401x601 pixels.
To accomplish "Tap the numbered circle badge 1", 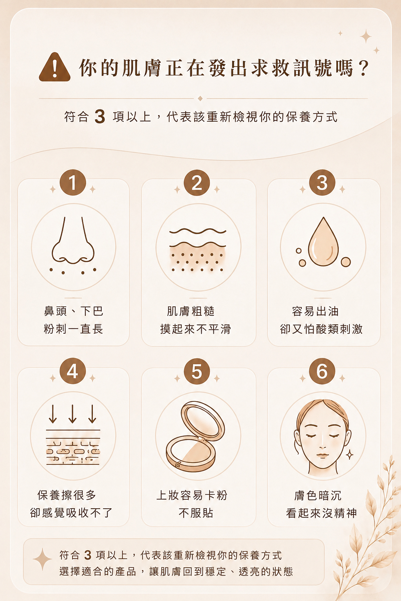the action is [73, 182].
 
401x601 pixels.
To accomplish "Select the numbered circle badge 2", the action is [197, 183].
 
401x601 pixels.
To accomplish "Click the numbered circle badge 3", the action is [322, 182].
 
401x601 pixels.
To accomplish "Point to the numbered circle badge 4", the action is [73, 371].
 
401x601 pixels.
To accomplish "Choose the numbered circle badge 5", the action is [197, 371].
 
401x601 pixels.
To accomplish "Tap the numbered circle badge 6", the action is [322, 371].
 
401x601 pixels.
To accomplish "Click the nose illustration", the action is [73, 241].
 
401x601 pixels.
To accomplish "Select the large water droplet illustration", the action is [323, 241].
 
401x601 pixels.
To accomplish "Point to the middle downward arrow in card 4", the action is [72, 414].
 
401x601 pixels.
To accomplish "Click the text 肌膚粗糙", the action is [191, 311].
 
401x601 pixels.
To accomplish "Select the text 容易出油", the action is [315, 311].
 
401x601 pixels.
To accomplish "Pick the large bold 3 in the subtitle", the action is [99, 117].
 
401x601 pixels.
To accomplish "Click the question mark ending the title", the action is [364, 68].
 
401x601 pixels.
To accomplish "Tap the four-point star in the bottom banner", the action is [42, 560].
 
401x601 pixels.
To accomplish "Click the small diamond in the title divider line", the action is [200, 99].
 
